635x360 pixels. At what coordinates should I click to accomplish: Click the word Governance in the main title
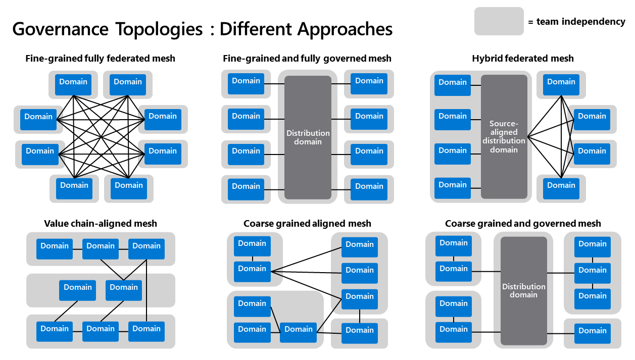[60, 29]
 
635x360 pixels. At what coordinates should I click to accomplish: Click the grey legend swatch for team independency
[499, 21]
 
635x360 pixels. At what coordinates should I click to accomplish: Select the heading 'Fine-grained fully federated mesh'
[100, 59]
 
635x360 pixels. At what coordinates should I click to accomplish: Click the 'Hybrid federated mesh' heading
[523, 59]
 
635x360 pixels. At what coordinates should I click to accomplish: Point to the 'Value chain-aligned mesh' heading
[101, 223]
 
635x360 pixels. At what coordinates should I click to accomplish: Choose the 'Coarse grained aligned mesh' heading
[307, 223]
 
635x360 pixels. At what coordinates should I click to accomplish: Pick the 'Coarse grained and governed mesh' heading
[523, 223]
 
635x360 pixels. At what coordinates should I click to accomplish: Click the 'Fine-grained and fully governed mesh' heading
[307, 59]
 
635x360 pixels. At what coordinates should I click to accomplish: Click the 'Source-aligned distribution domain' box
[504, 137]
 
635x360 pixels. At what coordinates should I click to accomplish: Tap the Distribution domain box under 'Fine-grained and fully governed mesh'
[308, 137]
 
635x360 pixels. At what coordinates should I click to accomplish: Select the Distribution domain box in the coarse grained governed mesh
[523, 290]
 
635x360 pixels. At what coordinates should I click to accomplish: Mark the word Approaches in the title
[345, 29]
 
